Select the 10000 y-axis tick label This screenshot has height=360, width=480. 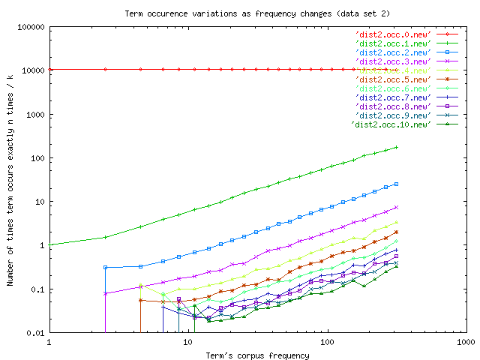[x=32, y=70]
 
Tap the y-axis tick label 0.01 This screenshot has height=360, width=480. [x=34, y=333]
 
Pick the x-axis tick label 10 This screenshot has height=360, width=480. [x=187, y=342]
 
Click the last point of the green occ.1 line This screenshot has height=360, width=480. [x=397, y=147]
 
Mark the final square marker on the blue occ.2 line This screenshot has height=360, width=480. [x=397, y=184]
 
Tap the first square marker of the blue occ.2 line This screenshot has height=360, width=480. [x=106, y=267]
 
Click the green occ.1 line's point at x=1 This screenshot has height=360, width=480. [x=49, y=244]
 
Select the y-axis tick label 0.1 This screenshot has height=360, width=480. [x=37, y=289]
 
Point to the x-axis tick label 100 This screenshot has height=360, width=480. [x=325, y=342]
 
